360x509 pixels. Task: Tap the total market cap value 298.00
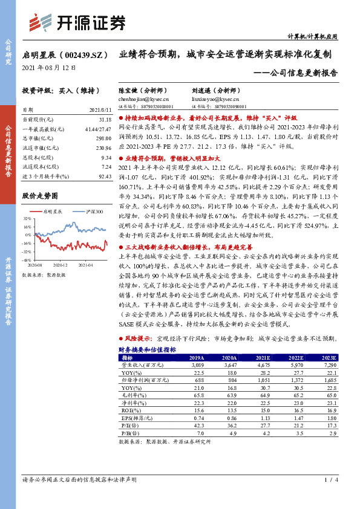(104, 138)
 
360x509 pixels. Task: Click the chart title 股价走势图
(39, 196)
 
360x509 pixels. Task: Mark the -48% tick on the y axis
(27, 259)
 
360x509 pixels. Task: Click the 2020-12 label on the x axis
(62, 264)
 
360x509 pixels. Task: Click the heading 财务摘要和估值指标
(147, 349)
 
